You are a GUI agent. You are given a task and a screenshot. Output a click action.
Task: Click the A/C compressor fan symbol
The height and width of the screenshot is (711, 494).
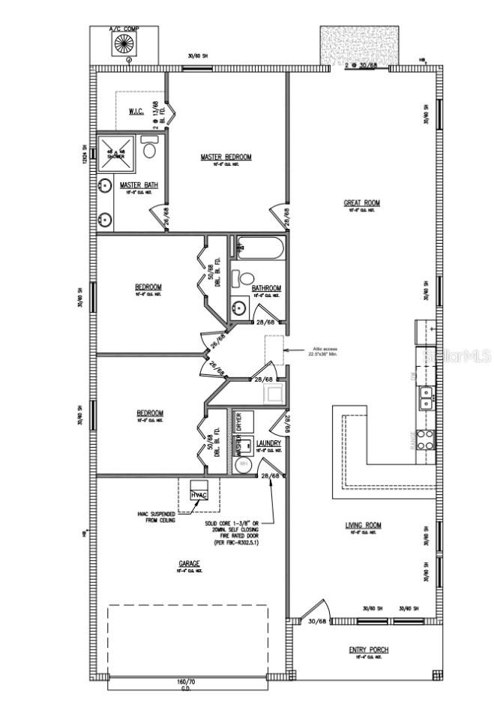coord(124,44)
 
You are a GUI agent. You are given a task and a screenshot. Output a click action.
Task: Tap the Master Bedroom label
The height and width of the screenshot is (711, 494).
coord(226,157)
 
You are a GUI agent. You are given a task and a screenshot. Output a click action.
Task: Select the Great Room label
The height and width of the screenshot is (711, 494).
coord(362,202)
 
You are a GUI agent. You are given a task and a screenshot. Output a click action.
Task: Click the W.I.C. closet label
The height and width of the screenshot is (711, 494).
coord(136,112)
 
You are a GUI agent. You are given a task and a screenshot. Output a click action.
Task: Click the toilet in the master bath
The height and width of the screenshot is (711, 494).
coord(148,151)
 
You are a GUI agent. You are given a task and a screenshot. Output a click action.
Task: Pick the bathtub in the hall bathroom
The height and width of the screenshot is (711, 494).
coord(259,247)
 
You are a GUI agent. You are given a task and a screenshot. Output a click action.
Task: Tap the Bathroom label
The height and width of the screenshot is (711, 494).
coord(266,288)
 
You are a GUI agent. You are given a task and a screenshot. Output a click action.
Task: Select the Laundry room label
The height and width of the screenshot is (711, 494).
coord(268,443)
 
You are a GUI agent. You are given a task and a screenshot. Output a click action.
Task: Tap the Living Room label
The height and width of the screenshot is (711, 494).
coord(363,526)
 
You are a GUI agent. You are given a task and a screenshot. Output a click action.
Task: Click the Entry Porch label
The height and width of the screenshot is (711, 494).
coord(368,649)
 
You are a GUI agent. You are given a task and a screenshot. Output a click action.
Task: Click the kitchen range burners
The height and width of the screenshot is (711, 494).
coord(425,438)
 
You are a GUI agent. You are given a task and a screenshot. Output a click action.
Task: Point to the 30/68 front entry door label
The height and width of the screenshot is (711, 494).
coord(317,621)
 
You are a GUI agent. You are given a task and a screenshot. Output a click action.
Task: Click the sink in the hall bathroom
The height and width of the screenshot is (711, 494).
coord(240,307)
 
